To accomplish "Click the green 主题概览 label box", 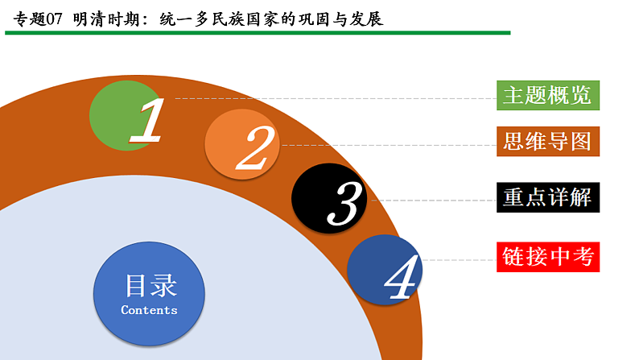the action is (547, 95).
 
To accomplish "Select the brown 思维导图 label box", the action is (547, 143).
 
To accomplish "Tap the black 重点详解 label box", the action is (547, 197).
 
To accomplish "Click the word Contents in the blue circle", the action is (149, 310).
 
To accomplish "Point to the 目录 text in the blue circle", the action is (150, 285).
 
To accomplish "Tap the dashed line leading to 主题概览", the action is (338, 98).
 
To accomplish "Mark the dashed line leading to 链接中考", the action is (459, 260).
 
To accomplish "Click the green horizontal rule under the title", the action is (258, 33).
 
